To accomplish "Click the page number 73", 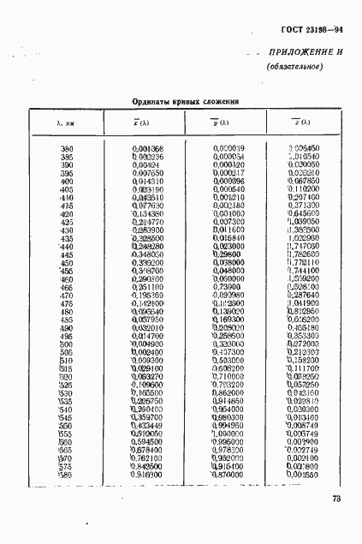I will [335, 500].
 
